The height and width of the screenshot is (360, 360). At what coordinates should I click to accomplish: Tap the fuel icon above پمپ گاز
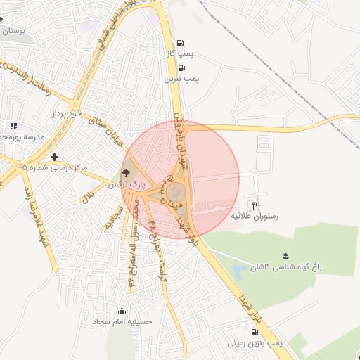181,42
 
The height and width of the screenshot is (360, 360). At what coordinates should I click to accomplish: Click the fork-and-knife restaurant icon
255,205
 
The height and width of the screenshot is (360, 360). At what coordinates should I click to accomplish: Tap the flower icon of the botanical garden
285,255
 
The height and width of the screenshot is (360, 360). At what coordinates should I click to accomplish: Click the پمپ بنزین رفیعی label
255,343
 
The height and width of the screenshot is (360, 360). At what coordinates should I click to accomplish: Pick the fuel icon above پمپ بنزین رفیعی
254,331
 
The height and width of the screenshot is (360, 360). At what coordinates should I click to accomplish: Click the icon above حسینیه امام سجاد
122,311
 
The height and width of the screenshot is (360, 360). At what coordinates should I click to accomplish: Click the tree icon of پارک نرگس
126,172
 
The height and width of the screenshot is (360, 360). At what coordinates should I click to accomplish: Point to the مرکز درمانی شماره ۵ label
54,168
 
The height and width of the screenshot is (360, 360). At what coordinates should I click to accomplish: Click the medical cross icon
54,156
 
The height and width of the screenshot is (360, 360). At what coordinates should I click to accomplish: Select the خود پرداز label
67,112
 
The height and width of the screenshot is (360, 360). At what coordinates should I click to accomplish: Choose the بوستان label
14,32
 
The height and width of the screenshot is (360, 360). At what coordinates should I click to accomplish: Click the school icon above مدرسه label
13,126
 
